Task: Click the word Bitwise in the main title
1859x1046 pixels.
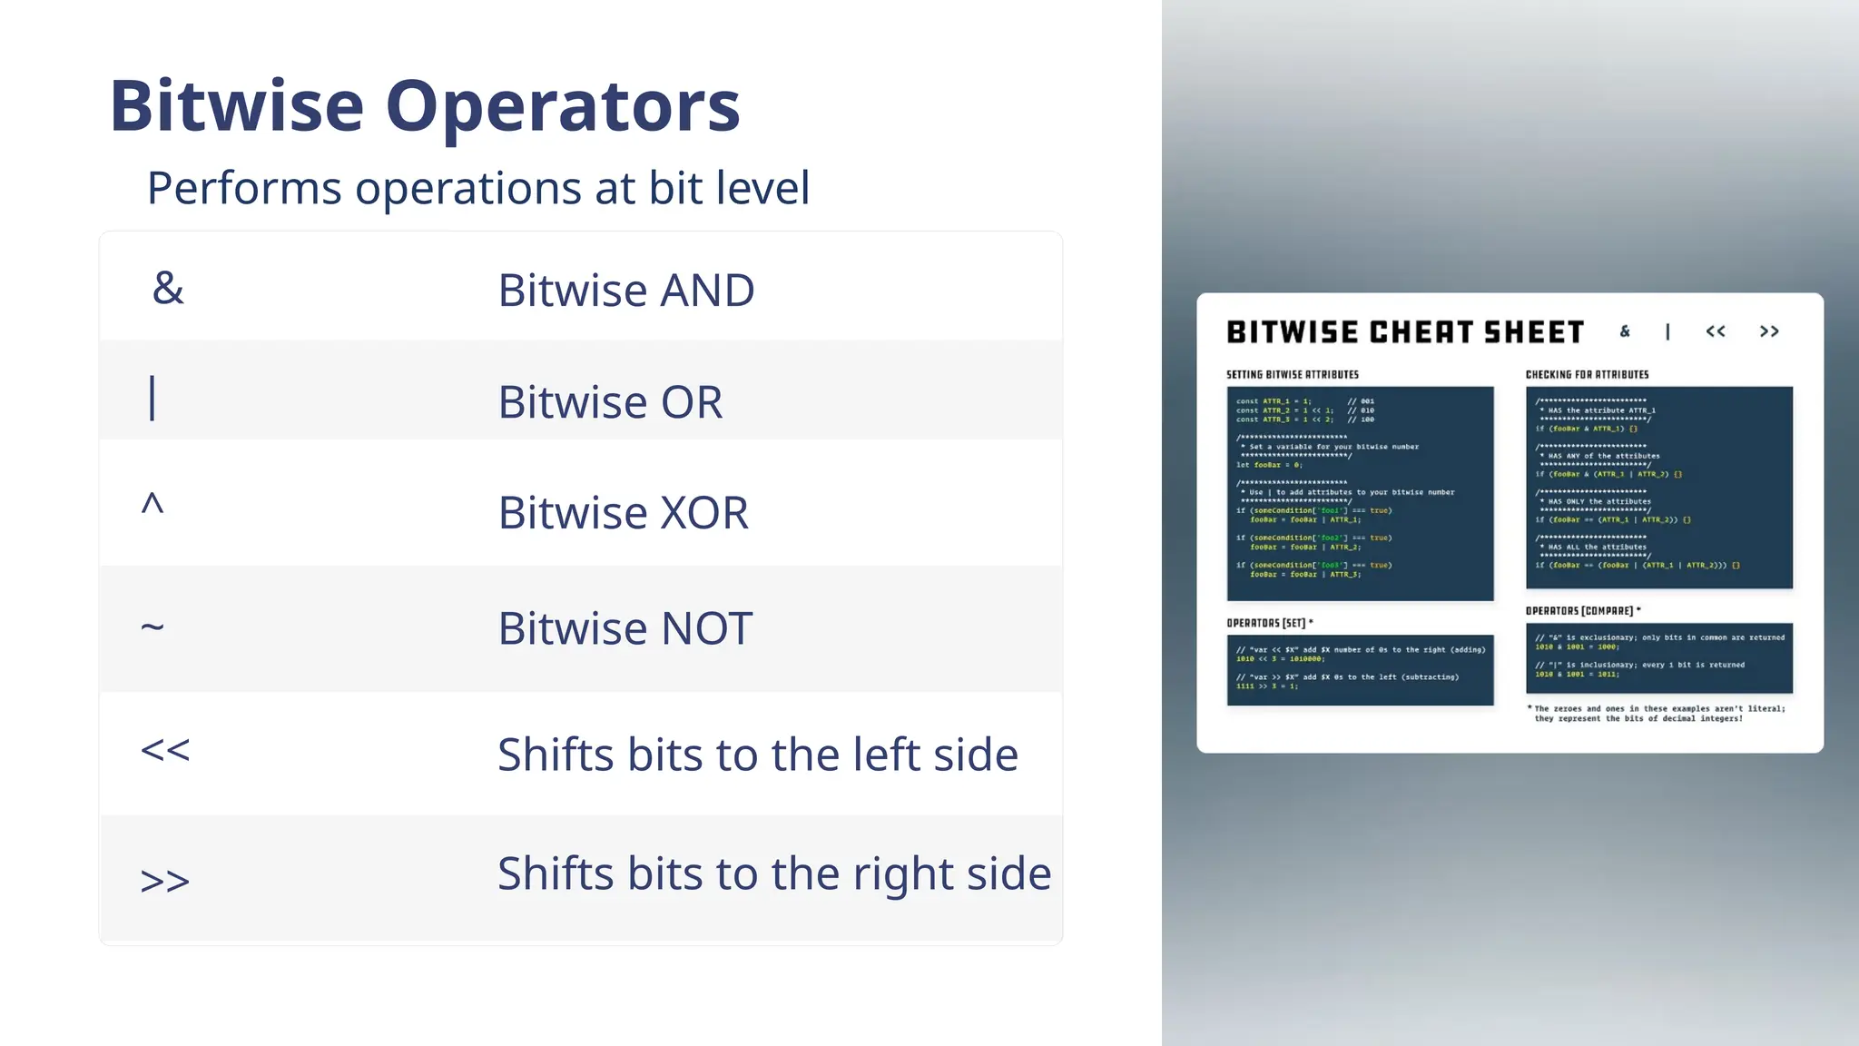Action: coord(237,106)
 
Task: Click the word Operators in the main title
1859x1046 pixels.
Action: coord(563,106)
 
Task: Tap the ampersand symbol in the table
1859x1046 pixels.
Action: coord(168,288)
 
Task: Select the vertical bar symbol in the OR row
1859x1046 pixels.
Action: coord(152,399)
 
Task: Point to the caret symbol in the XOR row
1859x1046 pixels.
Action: coord(152,504)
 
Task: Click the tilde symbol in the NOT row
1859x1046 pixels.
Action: coord(152,627)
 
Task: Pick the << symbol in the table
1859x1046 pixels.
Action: coord(165,750)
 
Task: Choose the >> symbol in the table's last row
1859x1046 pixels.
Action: coord(165,880)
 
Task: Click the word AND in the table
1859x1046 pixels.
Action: coord(707,291)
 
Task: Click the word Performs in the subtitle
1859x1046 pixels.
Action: coord(244,188)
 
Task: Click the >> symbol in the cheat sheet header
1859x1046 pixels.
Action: coord(1769,331)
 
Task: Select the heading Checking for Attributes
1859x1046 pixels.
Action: coord(1587,374)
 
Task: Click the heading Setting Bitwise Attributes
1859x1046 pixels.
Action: coord(1293,374)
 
